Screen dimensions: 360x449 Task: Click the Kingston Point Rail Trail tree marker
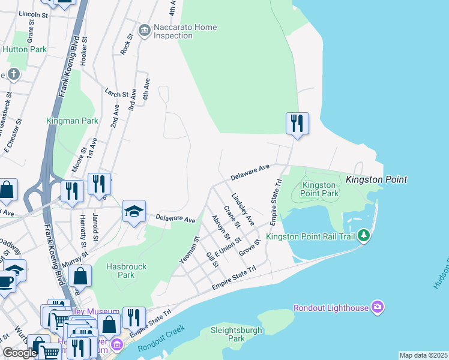[x=363, y=235]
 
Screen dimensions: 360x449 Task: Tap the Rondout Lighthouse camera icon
[x=377, y=308]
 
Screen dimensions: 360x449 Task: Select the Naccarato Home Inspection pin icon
[x=144, y=30]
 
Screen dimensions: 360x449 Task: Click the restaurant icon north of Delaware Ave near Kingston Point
[x=297, y=124]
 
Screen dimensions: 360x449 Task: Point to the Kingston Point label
[x=376, y=179]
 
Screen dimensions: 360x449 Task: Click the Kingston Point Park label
[x=320, y=190]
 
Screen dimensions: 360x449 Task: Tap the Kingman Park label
[x=72, y=121]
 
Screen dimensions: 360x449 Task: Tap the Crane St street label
[x=232, y=217]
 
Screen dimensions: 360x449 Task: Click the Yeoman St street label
[x=189, y=250]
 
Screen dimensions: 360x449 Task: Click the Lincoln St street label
[x=33, y=13]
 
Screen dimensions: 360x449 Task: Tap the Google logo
[x=20, y=353]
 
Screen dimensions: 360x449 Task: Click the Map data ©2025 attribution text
[x=423, y=355]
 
